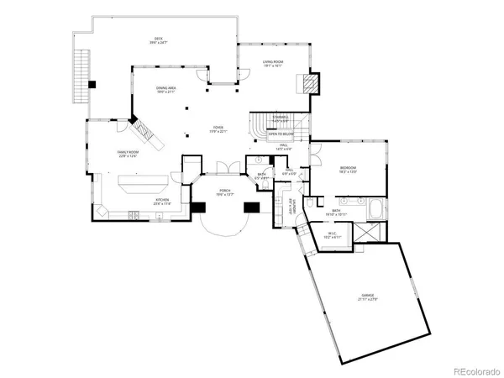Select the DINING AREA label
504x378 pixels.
click(x=165, y=89)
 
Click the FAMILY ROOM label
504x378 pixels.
click(x=127, y=153)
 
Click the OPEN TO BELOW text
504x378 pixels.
click(x=280, y=132)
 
